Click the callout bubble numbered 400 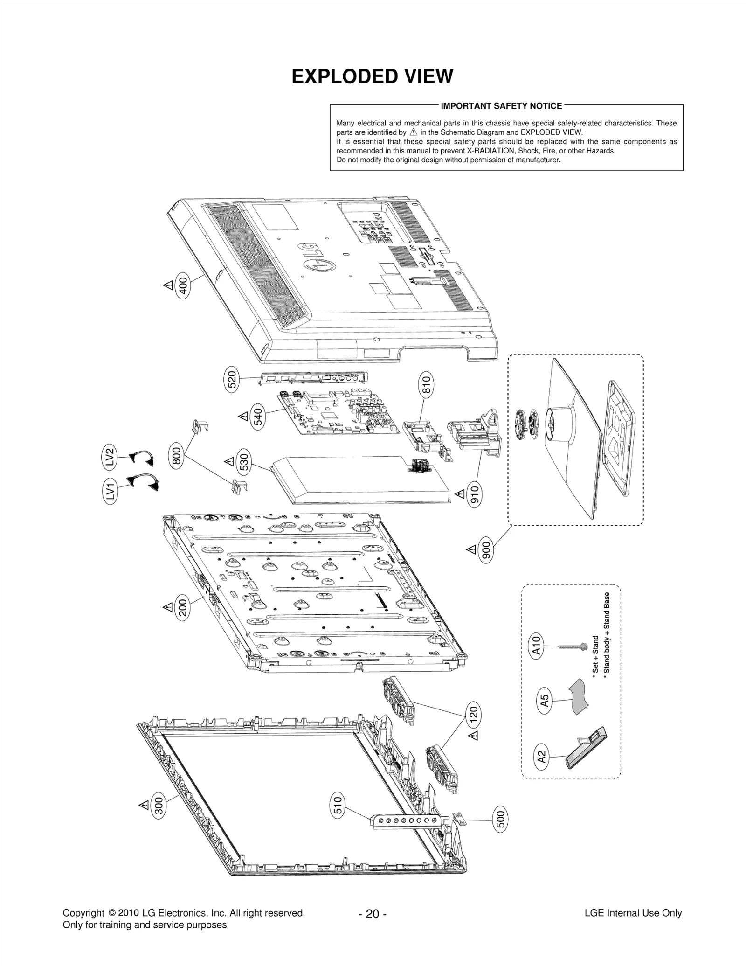coord(183,285)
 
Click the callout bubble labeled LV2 coord(109,457)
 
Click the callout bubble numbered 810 coord(427,384)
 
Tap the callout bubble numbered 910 coord(474,495)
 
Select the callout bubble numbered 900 coord(486,550)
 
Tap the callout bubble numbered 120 coord(474,715)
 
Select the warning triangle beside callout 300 coord(144,805)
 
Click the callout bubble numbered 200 coord(182,608)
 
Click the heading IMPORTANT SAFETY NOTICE coord(501,106)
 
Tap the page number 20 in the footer coord(372,914)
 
